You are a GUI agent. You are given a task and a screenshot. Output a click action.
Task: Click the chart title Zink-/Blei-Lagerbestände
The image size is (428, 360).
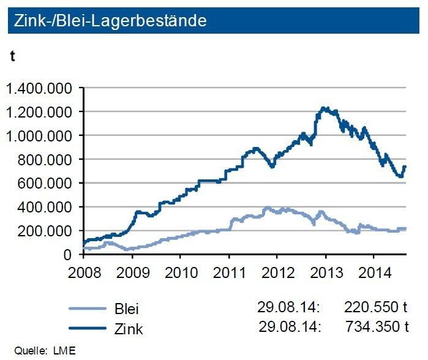click(108, 20)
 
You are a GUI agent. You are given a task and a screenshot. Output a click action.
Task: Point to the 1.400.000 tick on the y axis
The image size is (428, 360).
click(40, 89)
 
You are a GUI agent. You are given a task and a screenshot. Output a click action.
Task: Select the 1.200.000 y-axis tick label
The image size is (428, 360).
click(40, 112)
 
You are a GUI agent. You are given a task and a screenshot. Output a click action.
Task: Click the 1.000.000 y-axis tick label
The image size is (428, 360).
click(40, 136)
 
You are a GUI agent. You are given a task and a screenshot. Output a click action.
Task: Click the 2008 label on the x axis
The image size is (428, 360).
click(84, 271)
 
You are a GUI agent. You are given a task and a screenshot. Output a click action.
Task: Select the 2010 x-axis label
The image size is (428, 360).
click(181, 271)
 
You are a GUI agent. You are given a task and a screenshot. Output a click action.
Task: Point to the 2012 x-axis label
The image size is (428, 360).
click(277, 271)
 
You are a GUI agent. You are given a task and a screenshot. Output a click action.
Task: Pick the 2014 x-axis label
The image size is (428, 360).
click(374, 271)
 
